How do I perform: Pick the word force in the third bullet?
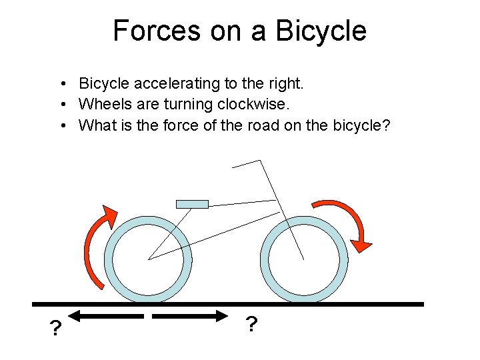point(177,125)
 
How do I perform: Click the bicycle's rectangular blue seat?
point(192,204)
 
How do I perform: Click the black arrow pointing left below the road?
point(107,315)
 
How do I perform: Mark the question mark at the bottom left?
point(56,329)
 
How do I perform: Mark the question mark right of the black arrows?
point(251,325)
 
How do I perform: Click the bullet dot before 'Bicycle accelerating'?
point(61,85)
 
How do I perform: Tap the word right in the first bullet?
point(287,84)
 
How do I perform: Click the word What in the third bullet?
point(95,125)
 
